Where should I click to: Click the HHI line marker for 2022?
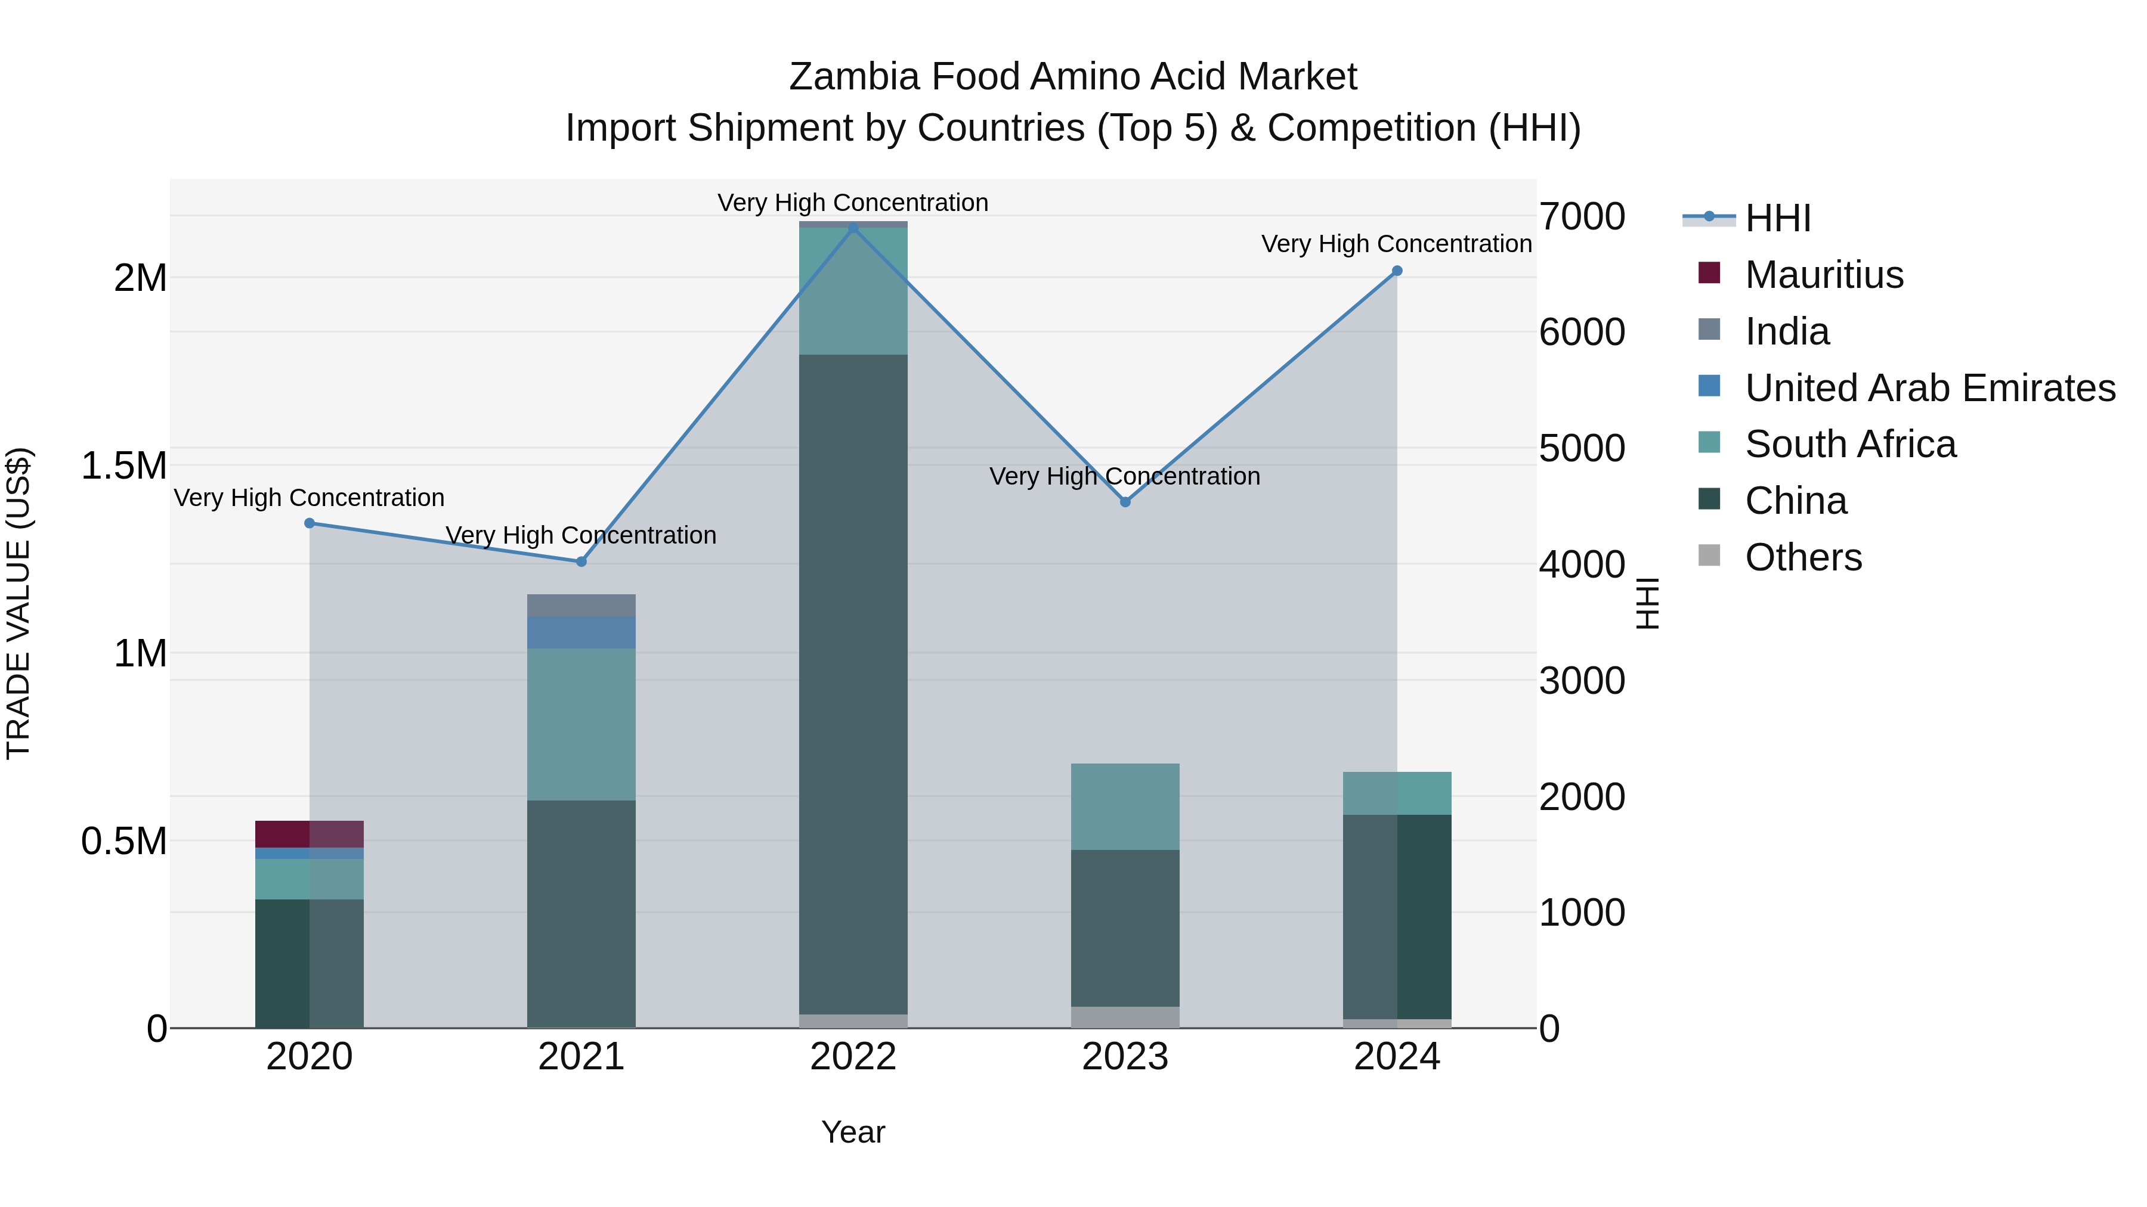pyautogui.click(x=853, y=228)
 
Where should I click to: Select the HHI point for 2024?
pyautogui.click(x=1397, y=271)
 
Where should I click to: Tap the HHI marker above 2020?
pyautogui.click(x=309, y=523)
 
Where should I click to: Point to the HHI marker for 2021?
pyautogui.click(x=581, y=561)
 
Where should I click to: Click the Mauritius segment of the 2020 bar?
pyautogui.click(x=309, y=834)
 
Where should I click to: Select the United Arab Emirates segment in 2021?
pyautogui.click(x=581, y=632)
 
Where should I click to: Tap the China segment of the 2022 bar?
pyautogui.click(x=853, y=683)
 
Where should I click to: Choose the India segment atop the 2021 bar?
pyautogui.click(x=581, y=605)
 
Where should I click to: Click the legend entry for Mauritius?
pyautogui.click(x=1824, y=275)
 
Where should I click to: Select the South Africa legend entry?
pyautogui.click(x=1849, y=444)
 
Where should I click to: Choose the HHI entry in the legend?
pyautogui.click(x=1777, y=218)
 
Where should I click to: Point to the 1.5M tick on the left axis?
pyautogui.click(x=123, y=466)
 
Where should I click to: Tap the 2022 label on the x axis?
pyautogui.click(x=853, y=1057)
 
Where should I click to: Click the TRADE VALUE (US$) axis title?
pyautogui.click(x=18, y=603)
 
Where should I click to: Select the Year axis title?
pyautogui.click(x=853, y=1132)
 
